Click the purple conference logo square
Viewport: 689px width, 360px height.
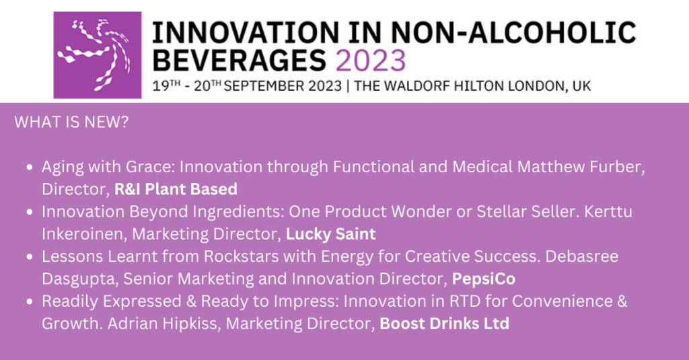(x=98, y=55)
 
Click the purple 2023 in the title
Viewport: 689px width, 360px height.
(x=371, y=61)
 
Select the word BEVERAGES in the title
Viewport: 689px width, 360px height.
(x=240, y=61)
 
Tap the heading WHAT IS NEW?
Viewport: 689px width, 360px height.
(x=71, y=122)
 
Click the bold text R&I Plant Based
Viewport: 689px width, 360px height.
(x=176, y=189)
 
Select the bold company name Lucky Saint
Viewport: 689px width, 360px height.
(x=331, y=234)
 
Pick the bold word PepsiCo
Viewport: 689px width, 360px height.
(x=484, y=279)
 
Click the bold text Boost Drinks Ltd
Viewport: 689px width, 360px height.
(x=444, y=324)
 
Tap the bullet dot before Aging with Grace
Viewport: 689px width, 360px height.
(x=30, y=167)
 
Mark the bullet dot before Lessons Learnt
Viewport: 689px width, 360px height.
(x=30, y=256)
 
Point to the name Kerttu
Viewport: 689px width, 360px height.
(x=608, y=212)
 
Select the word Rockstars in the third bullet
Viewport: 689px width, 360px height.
(x=242, y=256)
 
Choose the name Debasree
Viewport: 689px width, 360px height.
(x=582, y=256)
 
